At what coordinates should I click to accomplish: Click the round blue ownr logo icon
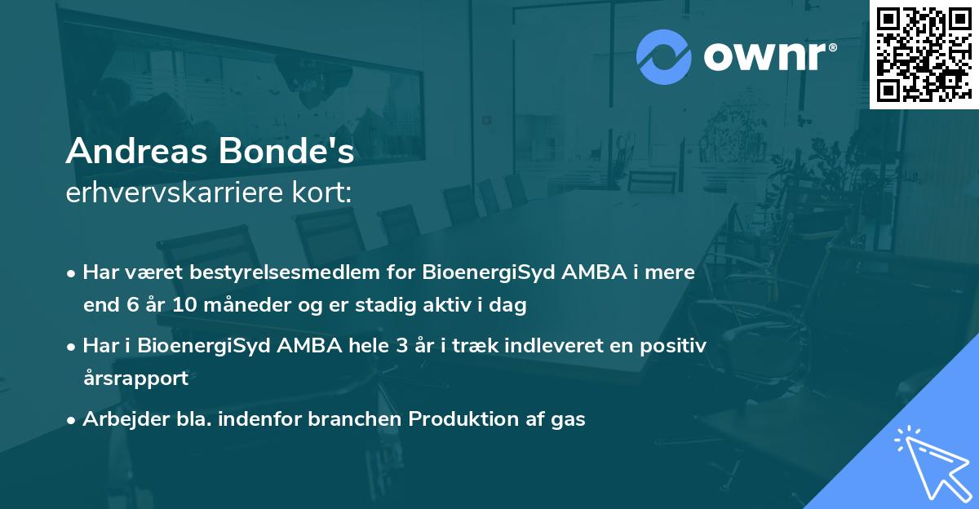(663, 57)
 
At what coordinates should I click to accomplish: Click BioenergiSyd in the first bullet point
(489, 272)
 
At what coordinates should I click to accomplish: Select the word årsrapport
(135, 378)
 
